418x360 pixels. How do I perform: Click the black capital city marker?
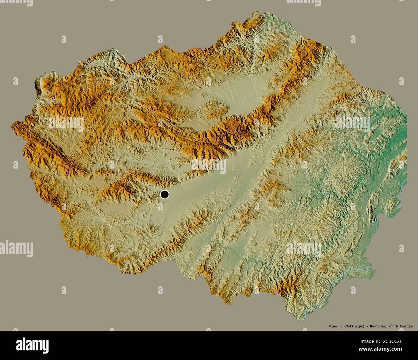tap(165, 194)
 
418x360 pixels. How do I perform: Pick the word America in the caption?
tap(407, 326)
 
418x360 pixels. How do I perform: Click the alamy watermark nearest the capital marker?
tap(209, 166)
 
